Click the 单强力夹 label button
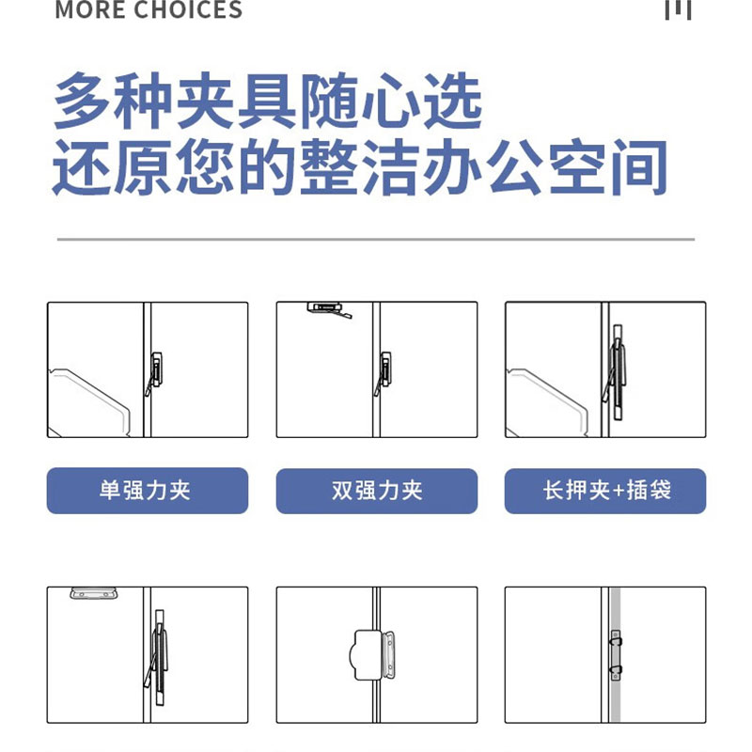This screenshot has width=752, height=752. pos(148,490)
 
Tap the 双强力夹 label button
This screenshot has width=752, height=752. pos(377,491)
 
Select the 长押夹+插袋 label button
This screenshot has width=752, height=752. pos(605,491)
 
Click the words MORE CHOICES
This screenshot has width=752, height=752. pos(149,9)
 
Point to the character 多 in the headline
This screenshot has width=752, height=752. pos(82,102)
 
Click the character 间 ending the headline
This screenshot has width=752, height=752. pos(639,167)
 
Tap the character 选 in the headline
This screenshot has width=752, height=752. pos(453,102)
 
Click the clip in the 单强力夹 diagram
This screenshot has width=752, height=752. pos(154,373)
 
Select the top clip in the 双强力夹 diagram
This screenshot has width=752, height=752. pos(330,310)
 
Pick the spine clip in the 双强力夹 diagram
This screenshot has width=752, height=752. pos(384,373)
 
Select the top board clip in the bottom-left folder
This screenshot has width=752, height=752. pos(93,593)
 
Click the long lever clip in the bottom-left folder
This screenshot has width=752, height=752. pos(158,657)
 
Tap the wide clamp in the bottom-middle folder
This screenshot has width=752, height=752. pos(374,655)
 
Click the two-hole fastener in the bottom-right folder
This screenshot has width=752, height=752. pos(616,655)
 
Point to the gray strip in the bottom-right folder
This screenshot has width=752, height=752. pos(616,654)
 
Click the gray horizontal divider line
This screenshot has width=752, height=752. pos(376,239)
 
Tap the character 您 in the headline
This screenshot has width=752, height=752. pos(205,167)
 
